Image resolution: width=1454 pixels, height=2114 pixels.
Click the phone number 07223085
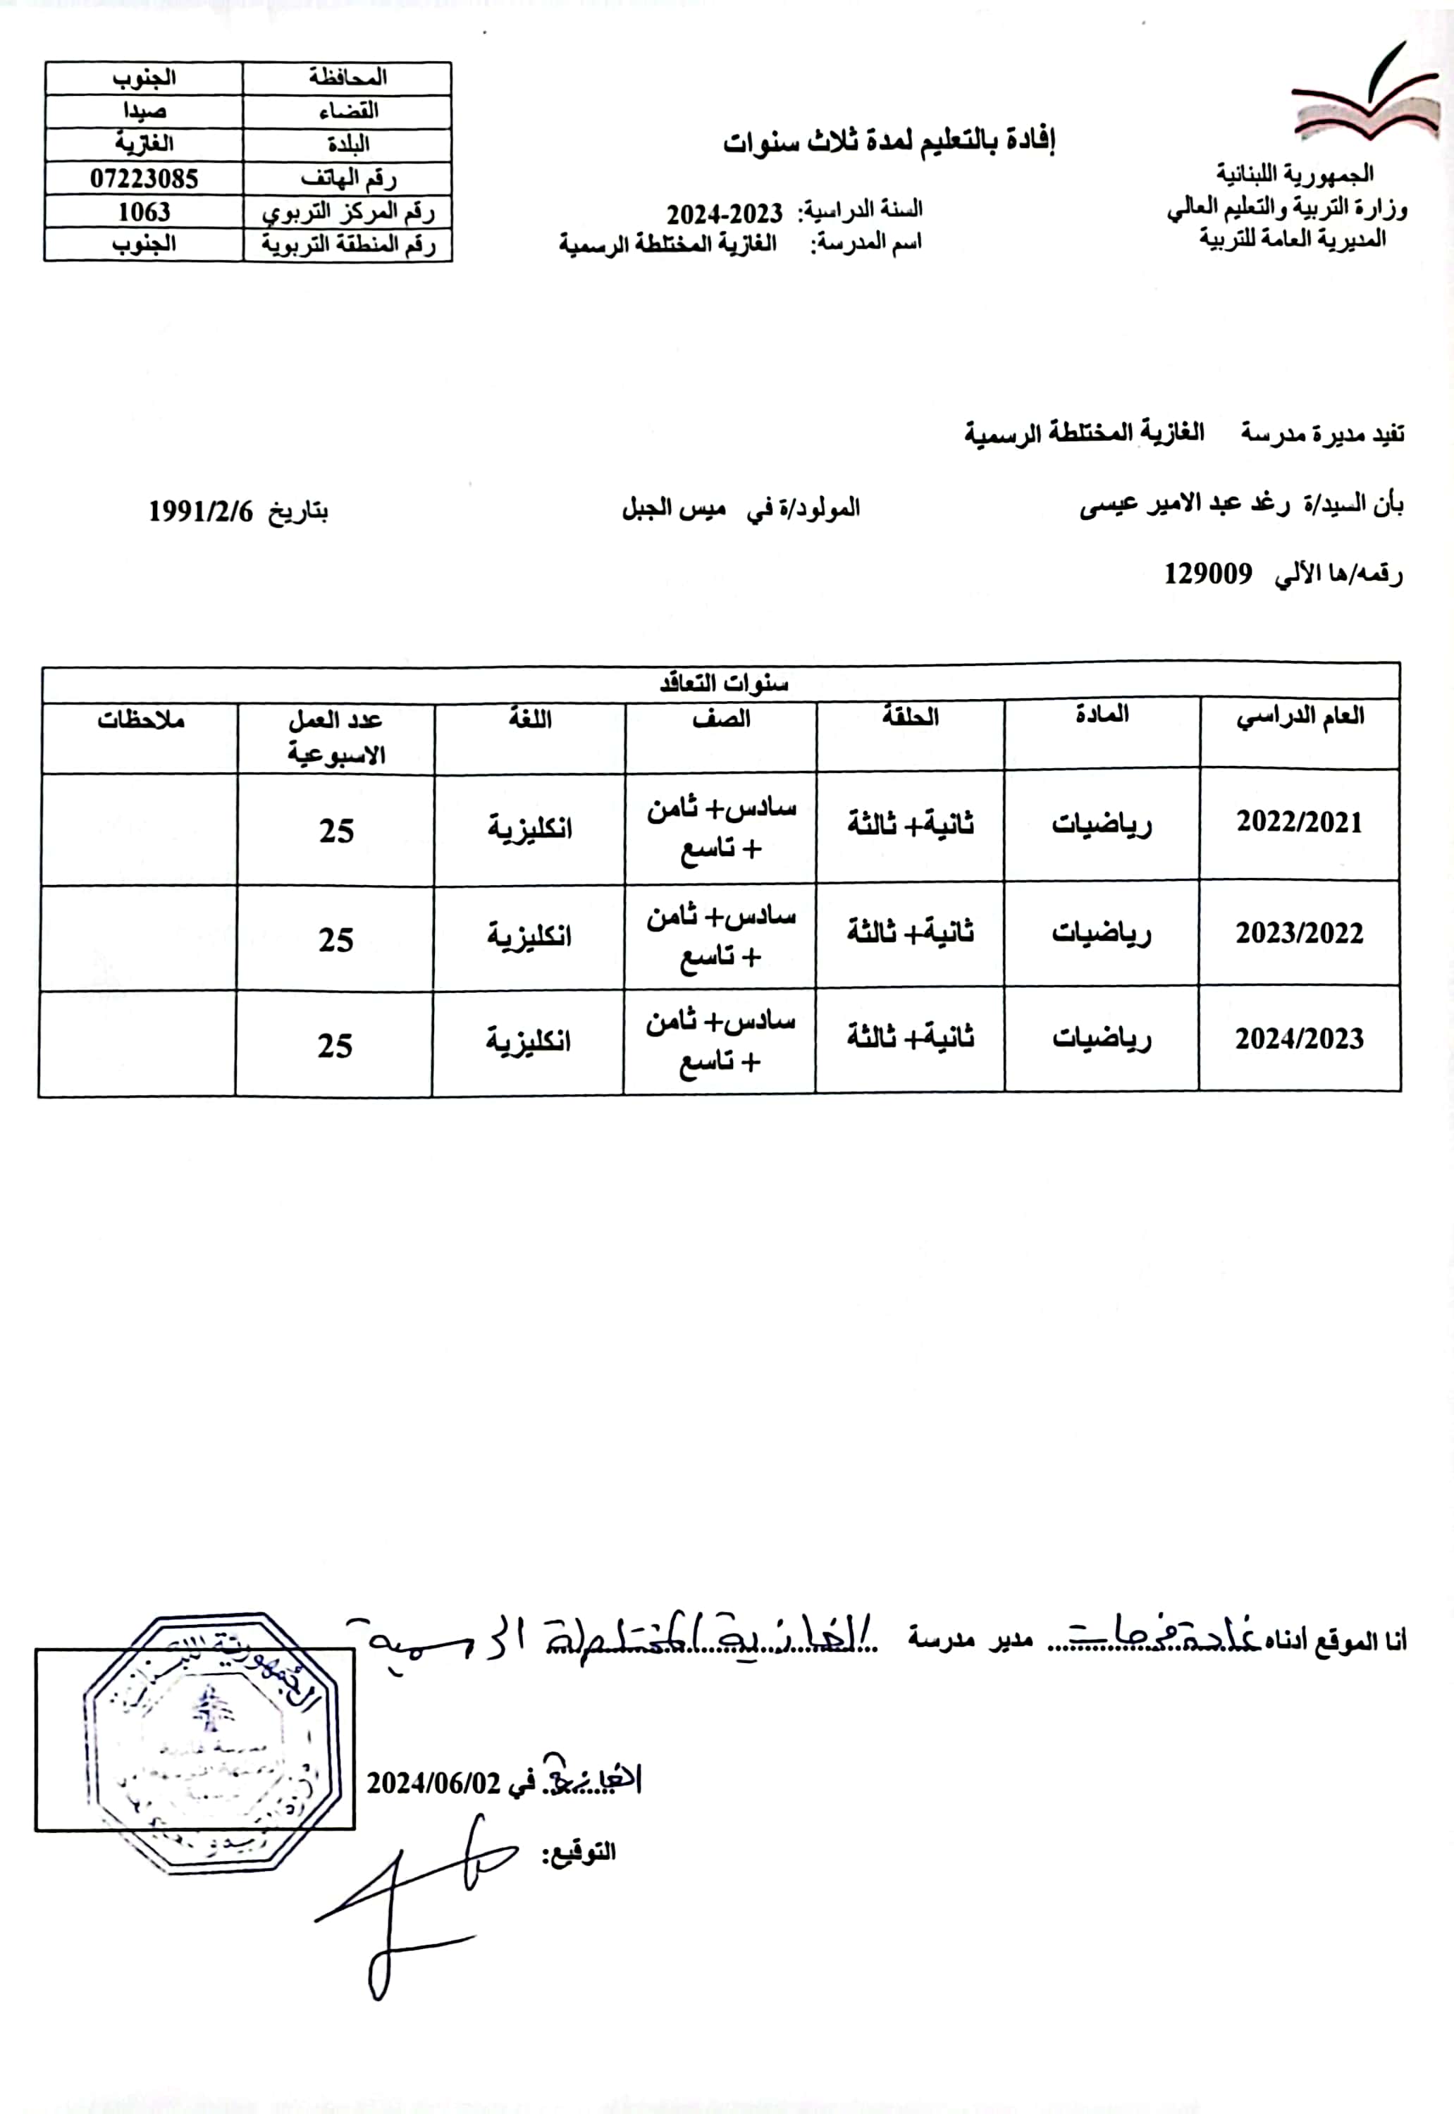[144, 178]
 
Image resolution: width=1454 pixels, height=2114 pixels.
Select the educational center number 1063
[144, 211]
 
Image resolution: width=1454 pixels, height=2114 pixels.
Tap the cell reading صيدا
[144, 111]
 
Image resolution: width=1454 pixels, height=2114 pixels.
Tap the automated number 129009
[1207, 573]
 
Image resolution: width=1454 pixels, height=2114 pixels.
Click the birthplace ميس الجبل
[674, 507]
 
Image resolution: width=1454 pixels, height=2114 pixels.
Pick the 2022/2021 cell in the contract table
[1298, 822]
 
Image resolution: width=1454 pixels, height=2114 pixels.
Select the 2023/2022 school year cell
[1298, 934]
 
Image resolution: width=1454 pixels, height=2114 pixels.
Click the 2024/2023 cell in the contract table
[1298, 1039]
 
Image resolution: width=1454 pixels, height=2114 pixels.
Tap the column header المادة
[1102, 715]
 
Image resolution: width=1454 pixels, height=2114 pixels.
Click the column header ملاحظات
[141, 720]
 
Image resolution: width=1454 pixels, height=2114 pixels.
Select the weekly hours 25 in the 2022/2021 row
[336, 831]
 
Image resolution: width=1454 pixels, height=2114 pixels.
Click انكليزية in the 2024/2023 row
[529, 1040]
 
